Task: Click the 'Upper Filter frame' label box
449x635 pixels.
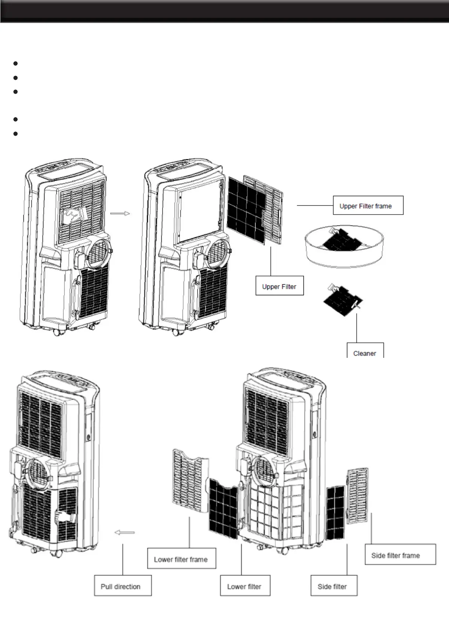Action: (368, 206)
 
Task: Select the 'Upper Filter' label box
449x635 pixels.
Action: (279, 286)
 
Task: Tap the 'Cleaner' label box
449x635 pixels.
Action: (365, 351)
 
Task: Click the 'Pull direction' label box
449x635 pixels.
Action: (123, 586)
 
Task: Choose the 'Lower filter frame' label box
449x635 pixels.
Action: (181, 558)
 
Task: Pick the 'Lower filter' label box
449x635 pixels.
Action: (245, 586)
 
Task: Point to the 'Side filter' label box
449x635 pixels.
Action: (334, 586)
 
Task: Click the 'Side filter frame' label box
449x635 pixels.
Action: (400, 554)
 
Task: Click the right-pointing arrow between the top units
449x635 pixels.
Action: (120, 213)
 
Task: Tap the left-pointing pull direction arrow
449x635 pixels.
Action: (124, 532)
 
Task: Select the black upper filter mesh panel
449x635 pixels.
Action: (247, 209)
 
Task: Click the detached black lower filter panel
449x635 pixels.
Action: (224, 508)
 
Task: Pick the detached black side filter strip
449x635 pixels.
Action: (336, 512)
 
